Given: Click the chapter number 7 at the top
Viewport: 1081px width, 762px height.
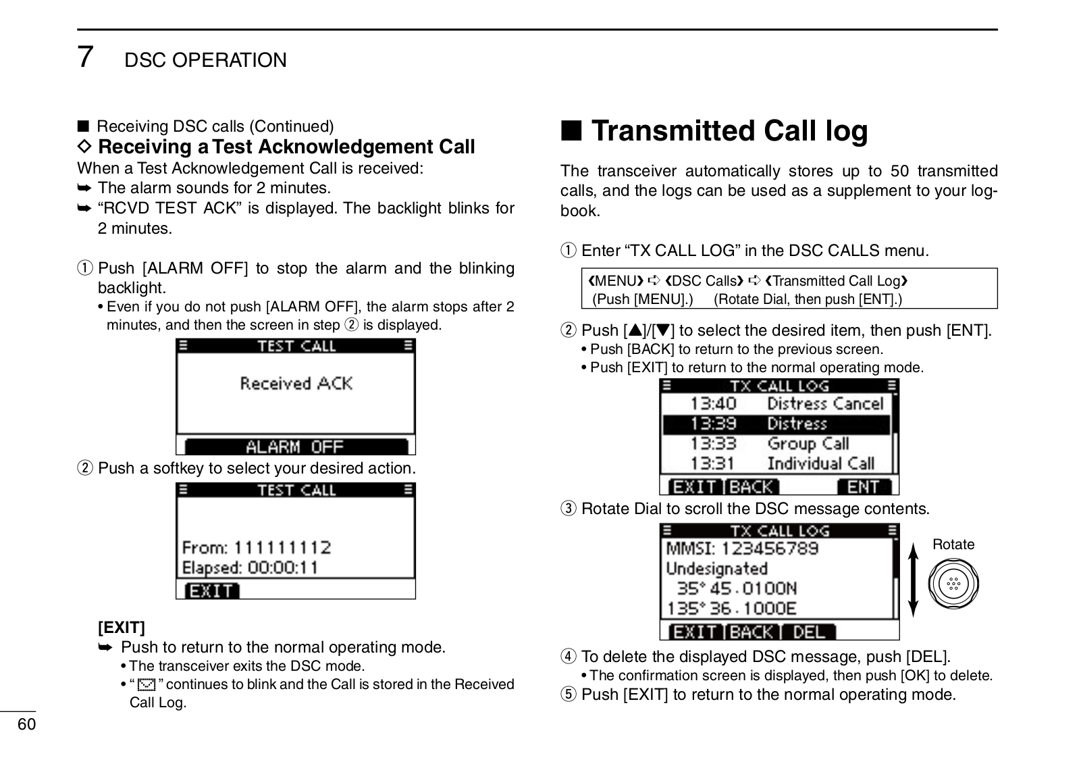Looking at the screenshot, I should (x=85, y=57).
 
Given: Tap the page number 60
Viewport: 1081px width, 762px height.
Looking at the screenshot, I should (x=26, y=725).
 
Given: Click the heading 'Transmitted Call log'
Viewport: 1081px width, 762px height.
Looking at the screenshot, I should (x=729, y=131).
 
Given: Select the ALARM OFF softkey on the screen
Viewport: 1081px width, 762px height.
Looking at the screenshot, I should (x=296, y=447).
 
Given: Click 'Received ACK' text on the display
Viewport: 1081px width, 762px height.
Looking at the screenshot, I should (x=296, y=384).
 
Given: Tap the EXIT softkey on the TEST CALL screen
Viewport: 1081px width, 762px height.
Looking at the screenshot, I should (x=211, y=591).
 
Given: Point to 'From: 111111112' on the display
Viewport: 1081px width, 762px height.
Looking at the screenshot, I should (x=257, y=547).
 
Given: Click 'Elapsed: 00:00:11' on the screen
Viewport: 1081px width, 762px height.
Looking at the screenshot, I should (x=251, y=567).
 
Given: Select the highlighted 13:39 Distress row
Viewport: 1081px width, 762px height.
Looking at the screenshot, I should (x=776, y=424).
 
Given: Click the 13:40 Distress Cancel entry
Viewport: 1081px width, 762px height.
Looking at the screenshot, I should (x=786, y=404).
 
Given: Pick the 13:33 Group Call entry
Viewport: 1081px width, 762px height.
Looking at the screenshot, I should (x=769, y=444).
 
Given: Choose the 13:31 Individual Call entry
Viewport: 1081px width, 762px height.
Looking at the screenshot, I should (x=782, y=463).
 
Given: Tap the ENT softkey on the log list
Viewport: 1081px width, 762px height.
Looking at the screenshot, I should (x=864, y=486).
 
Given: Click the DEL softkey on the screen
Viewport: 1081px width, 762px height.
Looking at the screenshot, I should (x=809, y=632).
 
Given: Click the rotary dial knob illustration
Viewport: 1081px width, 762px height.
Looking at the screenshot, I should (x=953, y=584).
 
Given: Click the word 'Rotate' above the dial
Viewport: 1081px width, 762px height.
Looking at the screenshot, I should (x=953, y=544).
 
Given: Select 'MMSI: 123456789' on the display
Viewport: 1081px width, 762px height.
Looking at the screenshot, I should (x=742, y=548).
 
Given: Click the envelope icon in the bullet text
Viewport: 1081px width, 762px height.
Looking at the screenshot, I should (x=146, y=686).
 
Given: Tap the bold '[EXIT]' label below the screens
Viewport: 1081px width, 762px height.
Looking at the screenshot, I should (x=122, y=628).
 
